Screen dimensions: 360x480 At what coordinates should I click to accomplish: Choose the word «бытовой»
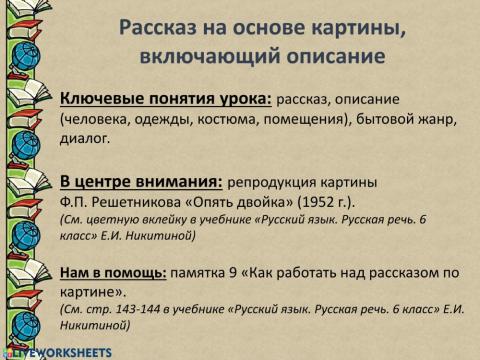pos(393,121)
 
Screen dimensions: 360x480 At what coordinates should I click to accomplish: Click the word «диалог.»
pos(88,141)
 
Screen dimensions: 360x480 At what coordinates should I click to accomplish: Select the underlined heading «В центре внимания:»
pos(140,182)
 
